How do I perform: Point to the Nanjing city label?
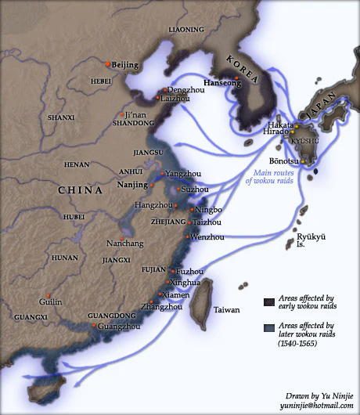click(132, 185)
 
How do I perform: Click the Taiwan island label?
click(227, 310)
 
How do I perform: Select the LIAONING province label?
click(185, 29)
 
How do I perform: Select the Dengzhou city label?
click(185, 90)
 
